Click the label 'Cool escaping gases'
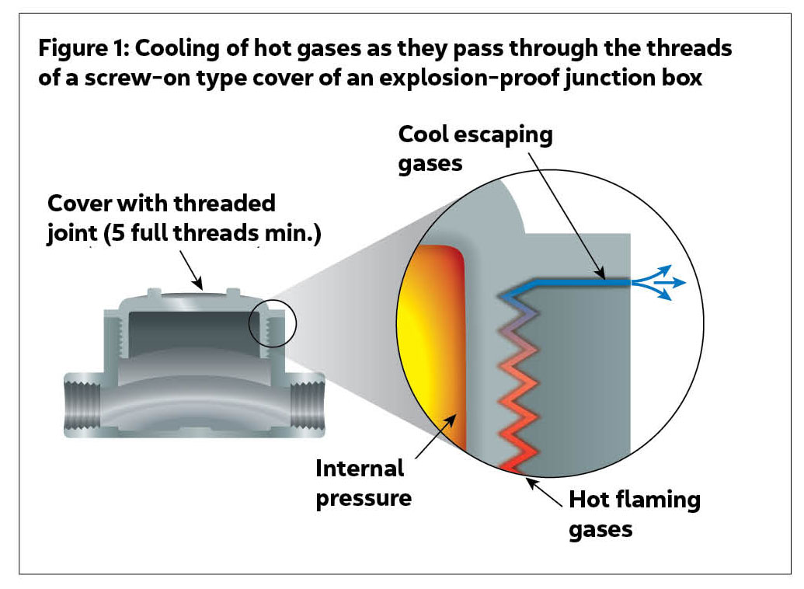pyautogui.click(x=475, y=148)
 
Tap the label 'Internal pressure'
pyautogui.click(x=363, y=483)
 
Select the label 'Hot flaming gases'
pyautogui.click(x=634, y=514)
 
